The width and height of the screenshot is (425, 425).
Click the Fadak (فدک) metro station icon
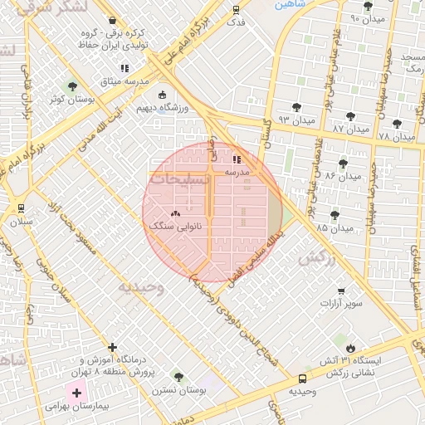pyautogui.click(x=237, y=11)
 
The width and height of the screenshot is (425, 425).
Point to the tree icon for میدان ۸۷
pyautogui.click(x=349, y=116)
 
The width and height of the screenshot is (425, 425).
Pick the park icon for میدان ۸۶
pyautogui.click(x=343, y=163)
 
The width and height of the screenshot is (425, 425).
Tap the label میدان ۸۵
pyautogui.click(x=335, y=227)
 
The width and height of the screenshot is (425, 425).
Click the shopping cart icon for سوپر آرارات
pyautogui.click(x=340, y=291)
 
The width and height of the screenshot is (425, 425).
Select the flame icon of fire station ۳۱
pyautogui.click(x=352, y=349)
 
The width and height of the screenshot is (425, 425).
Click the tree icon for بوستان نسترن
pyautogui.click(x=178, y=377)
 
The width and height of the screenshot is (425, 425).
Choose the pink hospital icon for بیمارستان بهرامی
pyautogui.click(x=76, y=392)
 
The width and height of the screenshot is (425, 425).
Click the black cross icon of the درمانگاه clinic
pyautogui.click(x=113, y=347)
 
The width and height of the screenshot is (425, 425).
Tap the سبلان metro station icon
pyautogui.click(x=20, y=208)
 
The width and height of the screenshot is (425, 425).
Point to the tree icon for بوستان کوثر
pyautogui.click(x=71, y=85)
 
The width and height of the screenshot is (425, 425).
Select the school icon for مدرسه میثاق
pyautogui.click(x=125, y=68)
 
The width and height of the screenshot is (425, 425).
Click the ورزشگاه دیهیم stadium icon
pyautogui.click(x=161, y=95)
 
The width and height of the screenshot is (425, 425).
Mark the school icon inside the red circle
pyautogui.click(x=237, y=159)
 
